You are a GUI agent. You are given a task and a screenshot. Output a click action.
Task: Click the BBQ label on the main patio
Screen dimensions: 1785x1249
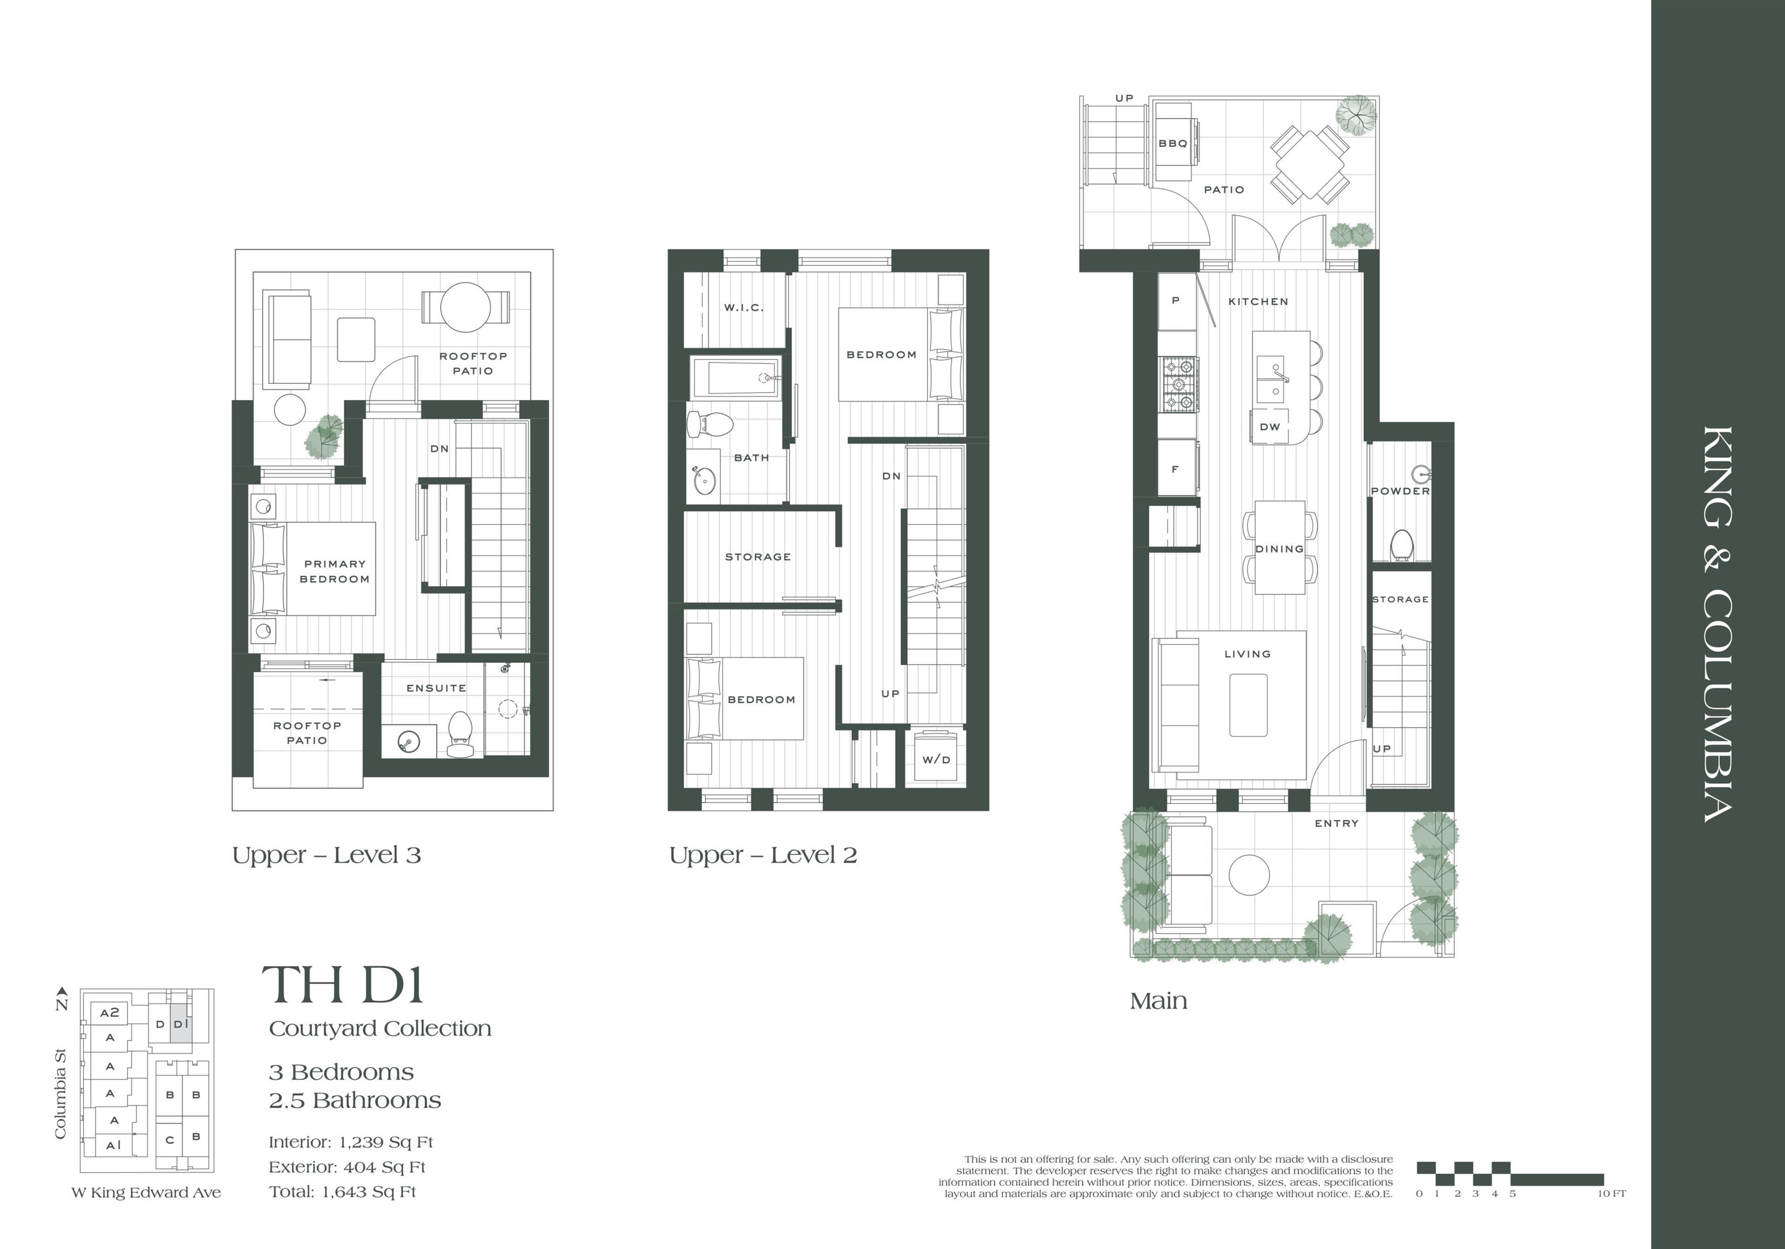(x=1173, y=143)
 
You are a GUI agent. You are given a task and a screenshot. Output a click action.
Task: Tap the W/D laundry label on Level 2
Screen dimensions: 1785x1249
(x=936, y=759)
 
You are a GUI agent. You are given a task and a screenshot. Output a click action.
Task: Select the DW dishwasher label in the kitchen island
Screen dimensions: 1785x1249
(x=1270, y=427)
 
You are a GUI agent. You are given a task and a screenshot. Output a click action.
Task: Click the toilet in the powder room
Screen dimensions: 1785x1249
(x=1401, y=545)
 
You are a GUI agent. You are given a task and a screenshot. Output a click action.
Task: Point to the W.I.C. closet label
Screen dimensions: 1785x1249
(x=744, y=308)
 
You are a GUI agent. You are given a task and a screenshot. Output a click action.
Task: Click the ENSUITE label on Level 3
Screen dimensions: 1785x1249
(x=436, y=688)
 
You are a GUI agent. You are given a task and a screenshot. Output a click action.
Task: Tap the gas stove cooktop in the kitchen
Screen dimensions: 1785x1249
(x=1178, y=384)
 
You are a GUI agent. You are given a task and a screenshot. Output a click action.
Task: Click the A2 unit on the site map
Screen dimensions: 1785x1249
(x=110, y=1012)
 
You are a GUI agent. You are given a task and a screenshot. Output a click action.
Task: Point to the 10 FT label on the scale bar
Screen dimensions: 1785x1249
(x=1612, y=1194)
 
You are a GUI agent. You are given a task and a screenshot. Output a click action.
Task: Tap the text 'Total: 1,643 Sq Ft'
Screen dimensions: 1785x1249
(x=342, y=1191)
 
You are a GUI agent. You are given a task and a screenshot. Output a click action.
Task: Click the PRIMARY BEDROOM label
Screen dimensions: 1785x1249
(x=335, y=571)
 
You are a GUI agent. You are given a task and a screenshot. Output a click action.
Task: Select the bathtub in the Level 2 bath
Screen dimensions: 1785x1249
(x=734, y=378)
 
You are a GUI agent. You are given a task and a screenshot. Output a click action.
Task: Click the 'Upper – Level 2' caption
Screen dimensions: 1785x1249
(x=763, y=855)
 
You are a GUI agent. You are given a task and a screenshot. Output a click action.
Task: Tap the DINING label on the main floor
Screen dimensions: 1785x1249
(x=1279, y=549)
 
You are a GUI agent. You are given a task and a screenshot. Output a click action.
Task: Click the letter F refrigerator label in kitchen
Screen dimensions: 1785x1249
(x=1175, y=469)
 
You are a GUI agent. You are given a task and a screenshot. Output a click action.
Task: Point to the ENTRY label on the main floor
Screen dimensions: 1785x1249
(x=1336, y=823)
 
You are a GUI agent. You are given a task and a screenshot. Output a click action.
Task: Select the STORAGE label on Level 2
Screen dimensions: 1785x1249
(x=758, y=557)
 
